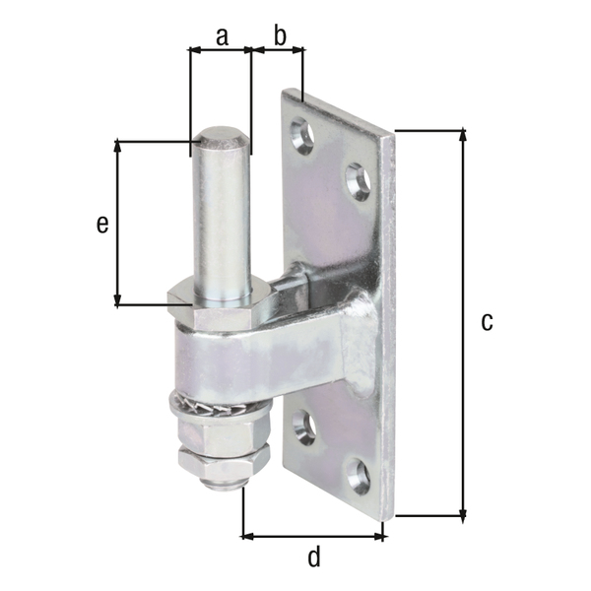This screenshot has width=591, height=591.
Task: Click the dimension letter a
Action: click(221, 36)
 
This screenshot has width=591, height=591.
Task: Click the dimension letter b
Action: click(279, 36)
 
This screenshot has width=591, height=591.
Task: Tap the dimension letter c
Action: click(486, 321)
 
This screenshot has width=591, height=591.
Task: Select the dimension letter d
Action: click(313, 558)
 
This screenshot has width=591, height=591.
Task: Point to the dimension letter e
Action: click(101, 224)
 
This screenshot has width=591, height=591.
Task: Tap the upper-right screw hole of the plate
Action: click(357, 181)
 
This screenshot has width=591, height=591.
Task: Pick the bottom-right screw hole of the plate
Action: click(360, 476)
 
